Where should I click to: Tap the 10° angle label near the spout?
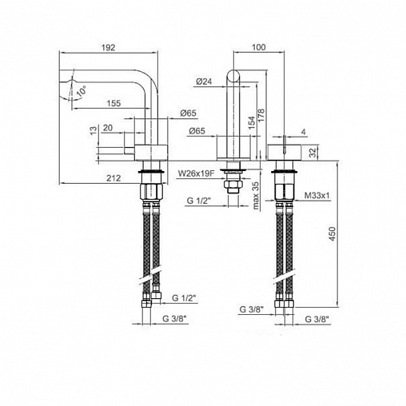point(82,93)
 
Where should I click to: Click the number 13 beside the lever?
point(94,129)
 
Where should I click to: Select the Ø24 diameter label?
point(203,82)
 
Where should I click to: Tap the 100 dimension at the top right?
point(258,47)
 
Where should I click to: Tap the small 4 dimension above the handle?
point(304,131)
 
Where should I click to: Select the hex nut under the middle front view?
point(233,188)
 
